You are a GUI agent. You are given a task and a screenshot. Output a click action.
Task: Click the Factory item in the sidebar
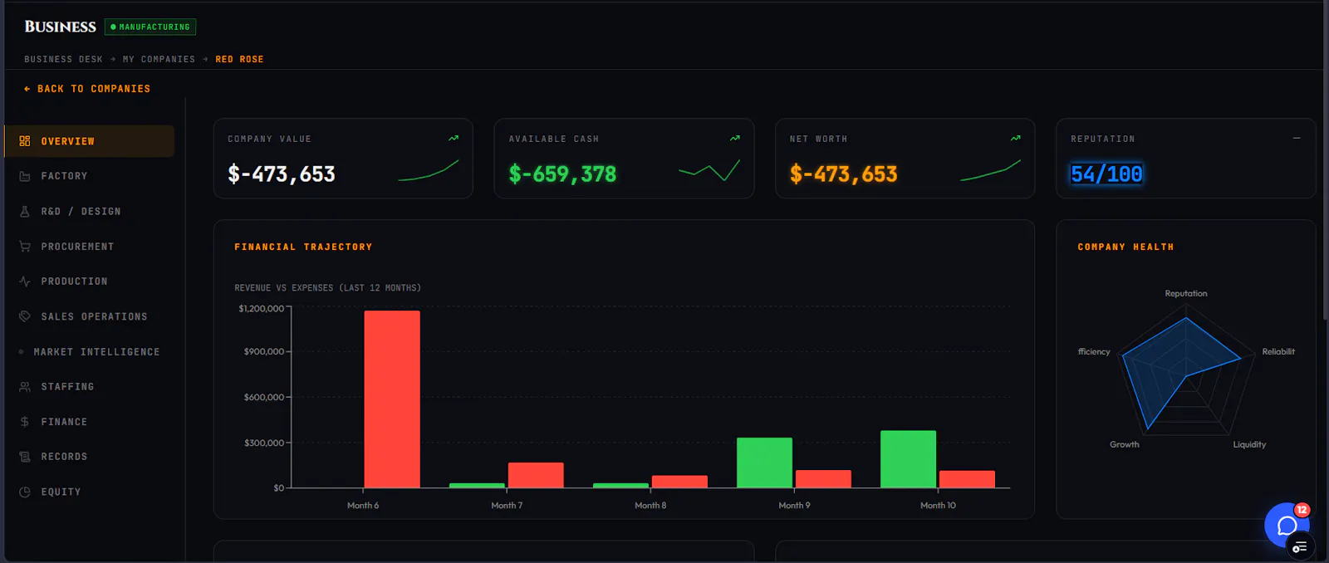[64, 176]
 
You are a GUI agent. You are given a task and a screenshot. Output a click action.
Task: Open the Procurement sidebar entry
[77, 246]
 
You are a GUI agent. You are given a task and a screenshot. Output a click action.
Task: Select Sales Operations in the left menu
[94, 317]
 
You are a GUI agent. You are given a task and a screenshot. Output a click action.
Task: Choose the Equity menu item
[61, 492]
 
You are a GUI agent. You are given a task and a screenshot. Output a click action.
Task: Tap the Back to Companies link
[87, 89]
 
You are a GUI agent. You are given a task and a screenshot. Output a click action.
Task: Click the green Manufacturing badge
[150, 27]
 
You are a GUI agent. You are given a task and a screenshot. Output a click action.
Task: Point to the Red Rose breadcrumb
[239, 59]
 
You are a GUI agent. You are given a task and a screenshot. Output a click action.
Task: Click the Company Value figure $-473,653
[282, 174]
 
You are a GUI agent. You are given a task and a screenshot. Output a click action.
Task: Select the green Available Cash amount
[562, 174]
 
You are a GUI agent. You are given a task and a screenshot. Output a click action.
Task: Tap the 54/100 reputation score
[1106, 174]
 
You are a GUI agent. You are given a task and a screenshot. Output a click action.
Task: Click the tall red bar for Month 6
[392, 399]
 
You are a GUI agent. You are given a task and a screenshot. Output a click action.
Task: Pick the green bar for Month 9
[764, 463]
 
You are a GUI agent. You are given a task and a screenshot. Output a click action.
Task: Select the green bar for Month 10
[909, 459]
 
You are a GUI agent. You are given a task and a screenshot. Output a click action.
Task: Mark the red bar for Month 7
[536, 475]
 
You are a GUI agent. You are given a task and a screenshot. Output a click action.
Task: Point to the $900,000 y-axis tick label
[264, 352]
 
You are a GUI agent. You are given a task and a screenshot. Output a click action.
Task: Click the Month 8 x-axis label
[650, 506]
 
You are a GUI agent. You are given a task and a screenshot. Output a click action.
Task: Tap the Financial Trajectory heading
[303, 247]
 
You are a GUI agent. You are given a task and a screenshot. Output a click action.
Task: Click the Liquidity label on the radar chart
[1249, 444]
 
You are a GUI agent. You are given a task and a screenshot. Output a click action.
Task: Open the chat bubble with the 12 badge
[1287, 525]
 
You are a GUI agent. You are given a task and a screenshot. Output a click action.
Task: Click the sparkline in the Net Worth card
[990, 170]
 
